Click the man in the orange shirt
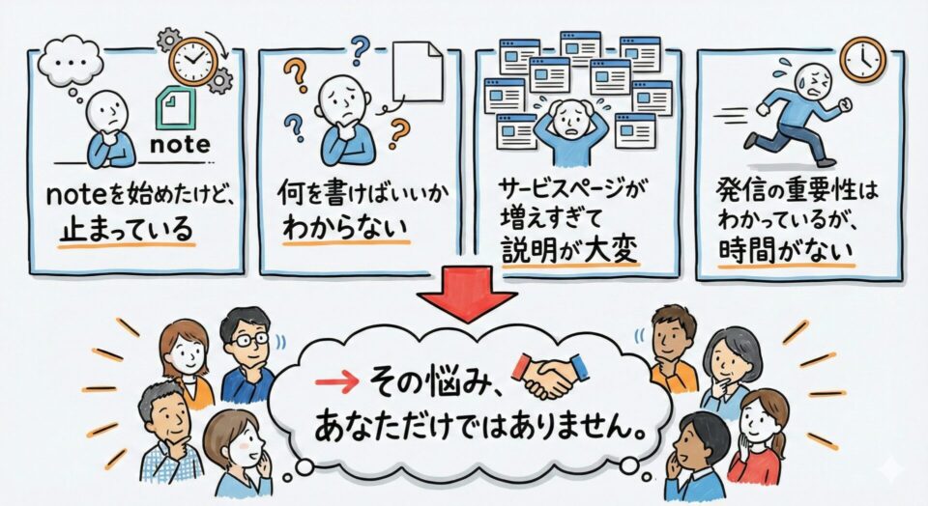(673, 348)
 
